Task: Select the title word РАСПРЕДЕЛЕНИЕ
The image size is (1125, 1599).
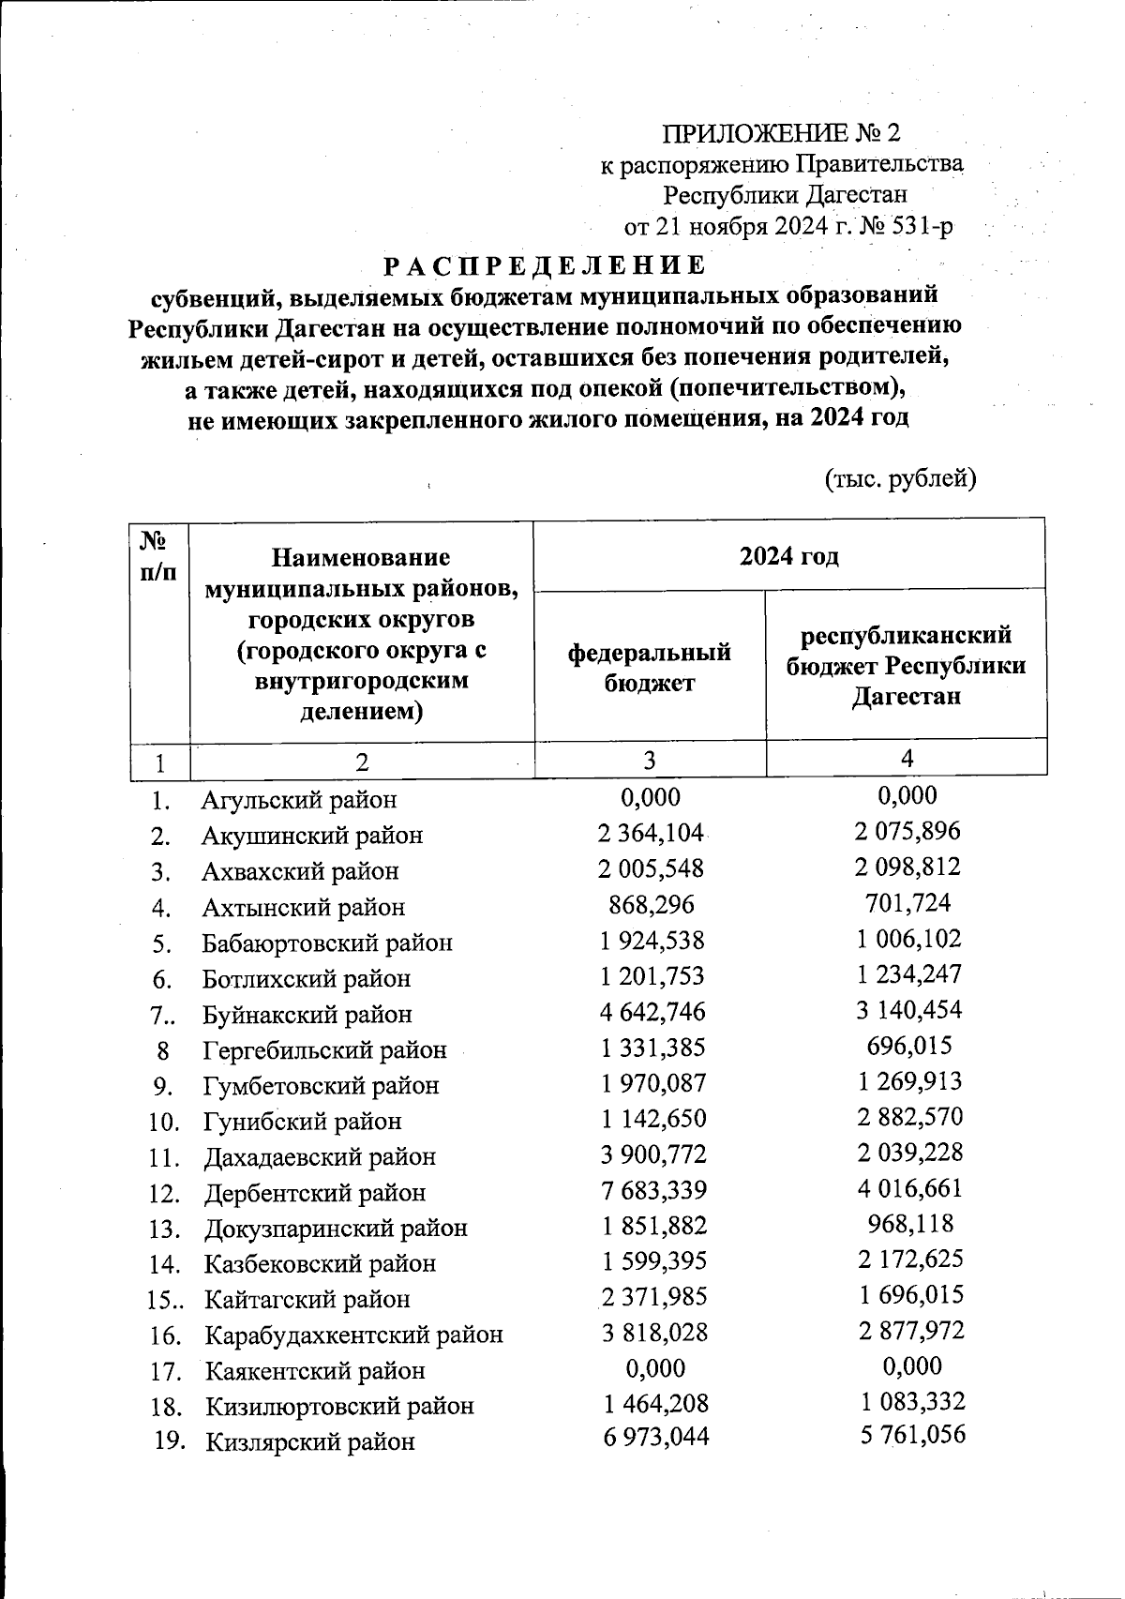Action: (x=545, y=265)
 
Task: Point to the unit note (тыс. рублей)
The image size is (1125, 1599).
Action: (x=900, y=479)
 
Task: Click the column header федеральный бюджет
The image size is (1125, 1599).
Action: (x=649, y=667)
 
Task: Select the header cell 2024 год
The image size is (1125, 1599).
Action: (x=788, y=556)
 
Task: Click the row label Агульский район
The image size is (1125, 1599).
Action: (x=298, y=800)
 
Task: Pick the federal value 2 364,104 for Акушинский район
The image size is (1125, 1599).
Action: (x=651, y=833)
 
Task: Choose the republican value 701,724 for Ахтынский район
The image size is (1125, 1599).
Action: (x=907, y=903)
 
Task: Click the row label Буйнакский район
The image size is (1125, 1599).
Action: (x=307, y=1015)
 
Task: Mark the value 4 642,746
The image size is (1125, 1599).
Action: (x=652, y=1012)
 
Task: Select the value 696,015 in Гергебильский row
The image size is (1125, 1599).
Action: (x=907, y=1046)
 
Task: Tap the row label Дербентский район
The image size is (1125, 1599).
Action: (x=314, y=1193)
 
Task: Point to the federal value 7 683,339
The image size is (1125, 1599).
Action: (x=652, y=1190)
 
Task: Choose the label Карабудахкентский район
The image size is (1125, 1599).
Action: (x=353, y=1335)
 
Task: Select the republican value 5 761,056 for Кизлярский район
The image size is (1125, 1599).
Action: (x=912, y=1435)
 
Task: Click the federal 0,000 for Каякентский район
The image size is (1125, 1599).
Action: (x=654, y=1368)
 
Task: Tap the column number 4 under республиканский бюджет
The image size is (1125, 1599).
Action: (x=906, y=759)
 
